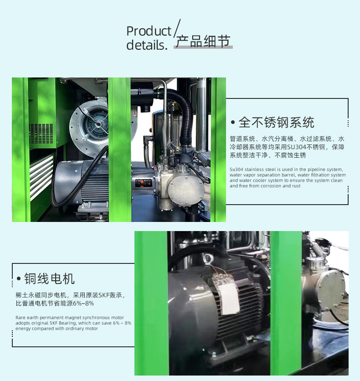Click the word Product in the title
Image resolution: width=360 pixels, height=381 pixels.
click(x=149, y=31)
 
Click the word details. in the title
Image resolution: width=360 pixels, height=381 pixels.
click(x=147, y=45)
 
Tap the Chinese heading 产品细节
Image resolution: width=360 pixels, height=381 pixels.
click(x=203, y=41)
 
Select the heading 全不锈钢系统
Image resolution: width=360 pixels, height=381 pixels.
click(x=277, y=122)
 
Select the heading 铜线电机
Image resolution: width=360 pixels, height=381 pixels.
click(x=49, y=278)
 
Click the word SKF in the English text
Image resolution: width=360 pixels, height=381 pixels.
click(x=53, y=323)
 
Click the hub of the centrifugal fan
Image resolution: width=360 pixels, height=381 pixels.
click(x=98, y=124)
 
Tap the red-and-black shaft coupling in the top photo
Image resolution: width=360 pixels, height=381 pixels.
click(x=144, y=183)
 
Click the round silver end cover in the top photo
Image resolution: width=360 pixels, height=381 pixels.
click(x=186, y=190)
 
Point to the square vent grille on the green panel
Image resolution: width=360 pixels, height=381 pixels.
click(x=41, y=133)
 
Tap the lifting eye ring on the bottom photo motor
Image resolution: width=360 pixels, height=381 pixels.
click(x=207, y=259)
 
